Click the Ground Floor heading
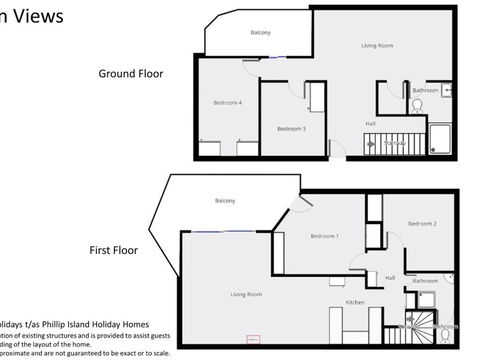[130, 73]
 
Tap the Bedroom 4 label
[228, 103]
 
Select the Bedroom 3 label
[291, 129]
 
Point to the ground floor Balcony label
[261, 33]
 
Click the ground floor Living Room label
[376, 46]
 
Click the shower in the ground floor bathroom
[440, 137]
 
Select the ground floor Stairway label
[394, 143]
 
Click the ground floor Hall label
[370, 124]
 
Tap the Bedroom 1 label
[324, 236]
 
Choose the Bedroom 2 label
[421, 224]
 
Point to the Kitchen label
[355, 302]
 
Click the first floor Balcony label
[224, 202]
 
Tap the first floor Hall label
[390, 278]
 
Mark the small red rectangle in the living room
[253, 340]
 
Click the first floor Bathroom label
[426, 281]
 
